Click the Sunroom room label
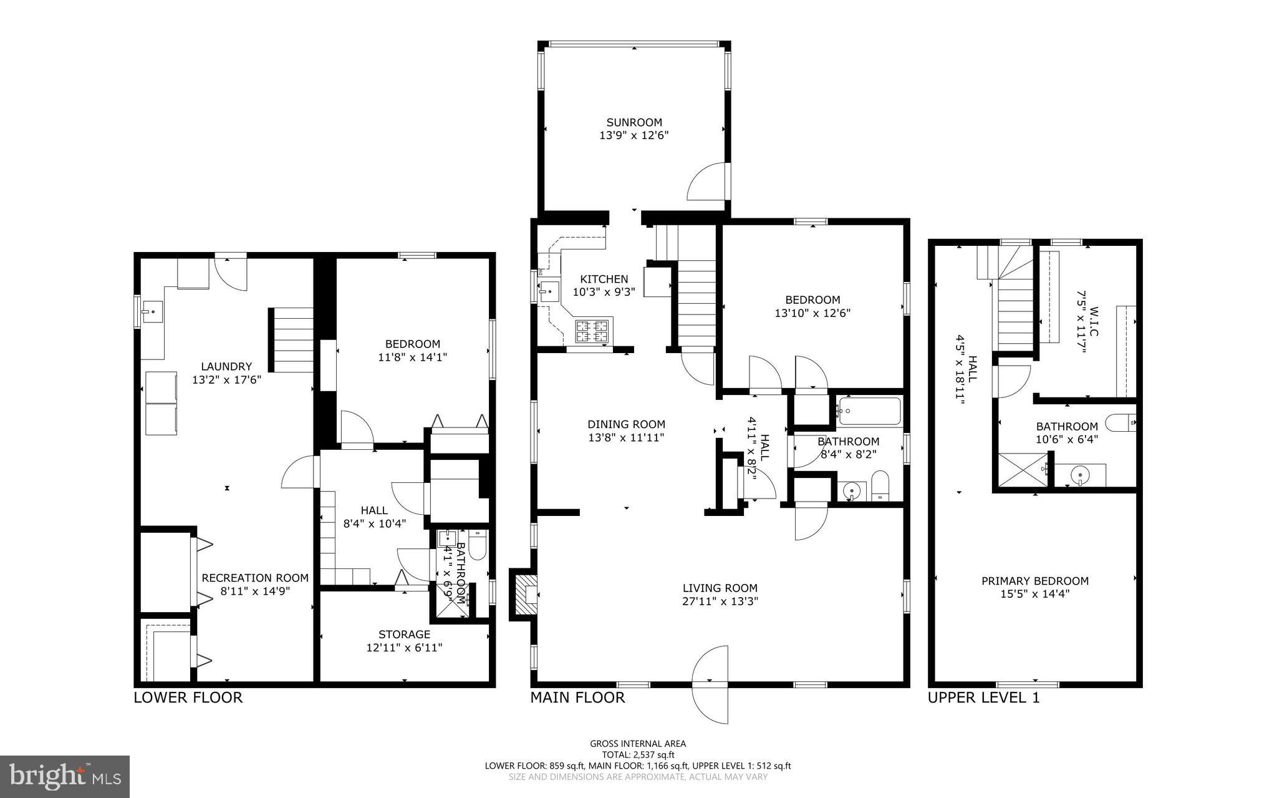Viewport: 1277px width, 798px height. click(634, 122)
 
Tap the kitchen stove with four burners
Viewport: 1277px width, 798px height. click(592, 331)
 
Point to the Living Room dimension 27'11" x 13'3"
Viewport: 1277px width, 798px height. click(720, 601)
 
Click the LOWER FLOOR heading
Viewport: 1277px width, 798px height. click(188, 698)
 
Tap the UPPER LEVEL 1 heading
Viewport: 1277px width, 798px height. click(983, 698)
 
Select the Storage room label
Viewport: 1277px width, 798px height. click(404, 635)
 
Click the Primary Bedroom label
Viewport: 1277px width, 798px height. click(1034, 581)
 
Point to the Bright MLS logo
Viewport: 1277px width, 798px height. click(65, 776)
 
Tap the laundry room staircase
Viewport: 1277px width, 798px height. click(292, 340)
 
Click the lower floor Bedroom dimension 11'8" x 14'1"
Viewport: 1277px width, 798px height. click(412, 358)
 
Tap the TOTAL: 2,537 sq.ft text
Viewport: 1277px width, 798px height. click(637, 754)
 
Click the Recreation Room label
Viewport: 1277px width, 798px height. click(254, 578)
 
